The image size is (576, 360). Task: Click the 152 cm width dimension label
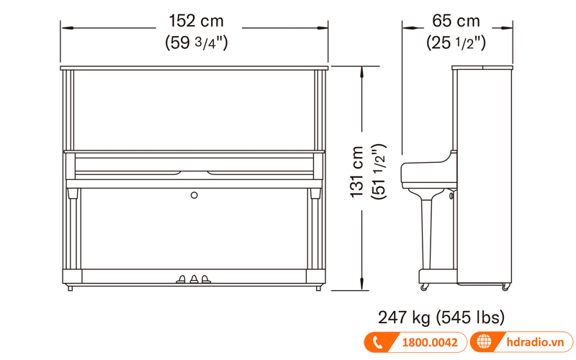[x=196, y=21]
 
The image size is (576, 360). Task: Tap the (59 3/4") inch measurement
[x=197, y=42]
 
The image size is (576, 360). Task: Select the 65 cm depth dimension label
[x=456, y=21]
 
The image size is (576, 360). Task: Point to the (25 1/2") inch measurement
[x=456, y=42]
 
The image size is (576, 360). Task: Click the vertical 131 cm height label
[x=356, y=172]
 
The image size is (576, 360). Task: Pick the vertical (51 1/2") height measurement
[x=379, y=171]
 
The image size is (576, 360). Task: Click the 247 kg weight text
[x=404, y=318]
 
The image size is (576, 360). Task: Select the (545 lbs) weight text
[x=471, y=318]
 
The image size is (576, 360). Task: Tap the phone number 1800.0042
[x=430, y=343]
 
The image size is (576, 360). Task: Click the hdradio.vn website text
[x=535, y=343]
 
